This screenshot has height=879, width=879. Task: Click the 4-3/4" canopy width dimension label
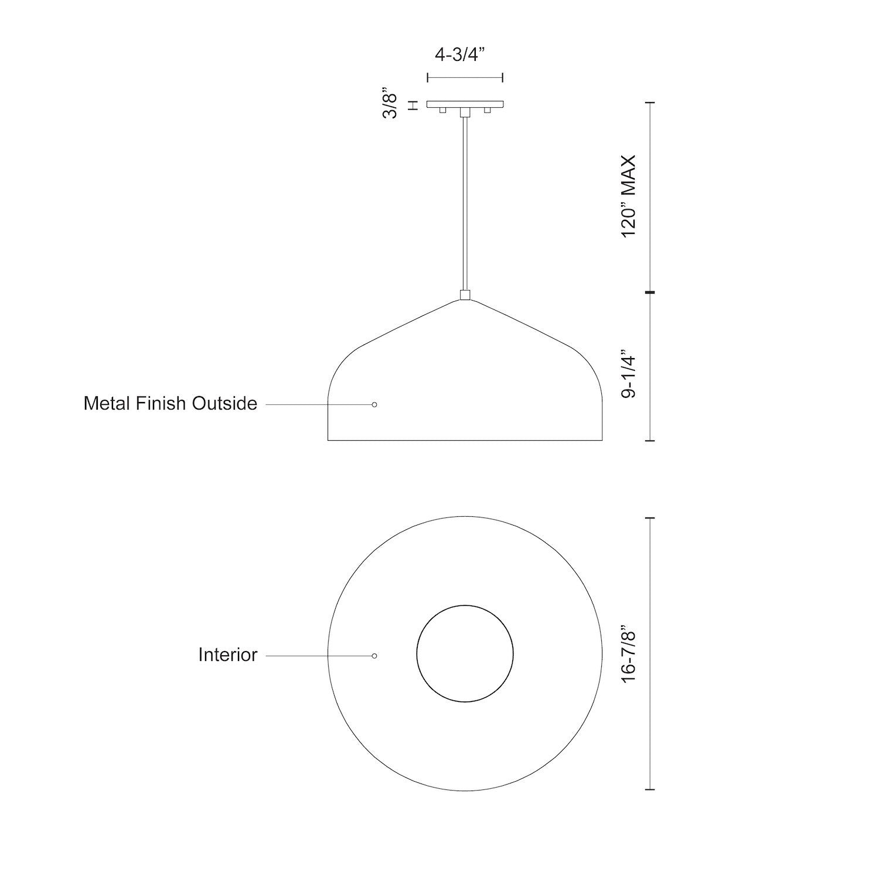(461, 55)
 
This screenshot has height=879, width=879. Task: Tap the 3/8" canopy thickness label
(390, 106)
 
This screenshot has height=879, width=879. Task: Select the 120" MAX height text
(629, 196)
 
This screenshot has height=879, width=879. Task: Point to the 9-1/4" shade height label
(629, 374)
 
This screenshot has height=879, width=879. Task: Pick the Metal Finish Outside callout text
(170, 404)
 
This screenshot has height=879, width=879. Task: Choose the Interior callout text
(227, 655)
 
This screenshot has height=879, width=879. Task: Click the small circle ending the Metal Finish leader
(374, 404)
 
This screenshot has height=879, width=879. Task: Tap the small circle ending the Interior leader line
(374, 656)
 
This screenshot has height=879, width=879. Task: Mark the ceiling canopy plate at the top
(465, 104)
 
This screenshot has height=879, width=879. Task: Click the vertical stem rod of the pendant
(465, 205)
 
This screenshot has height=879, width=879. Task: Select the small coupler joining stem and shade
(465, 295)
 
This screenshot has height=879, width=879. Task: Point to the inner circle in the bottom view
(465, 653)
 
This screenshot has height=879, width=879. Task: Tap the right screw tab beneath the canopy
(486, 110)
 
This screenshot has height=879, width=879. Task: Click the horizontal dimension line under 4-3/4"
(465, 77)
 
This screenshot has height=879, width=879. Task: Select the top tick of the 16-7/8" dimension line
(649, 519)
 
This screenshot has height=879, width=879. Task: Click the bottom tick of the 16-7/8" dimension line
(649, 790)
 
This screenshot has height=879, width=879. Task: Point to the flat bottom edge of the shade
(465, 440)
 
